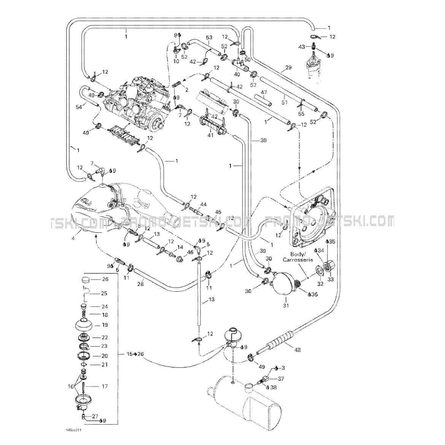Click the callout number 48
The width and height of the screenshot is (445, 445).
pyautogui.click(x=297, y=350)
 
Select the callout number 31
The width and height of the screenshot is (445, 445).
pyautogui.click(x=286, y=305)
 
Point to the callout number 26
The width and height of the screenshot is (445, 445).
pyautogui.click(x=105, y=279)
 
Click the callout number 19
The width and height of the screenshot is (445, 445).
pyautogui.click(x=105, y=325)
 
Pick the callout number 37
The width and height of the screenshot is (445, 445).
pyautogui.click(x=281, y=378)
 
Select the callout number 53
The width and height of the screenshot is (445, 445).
pyautogui.click(x=209, y=37)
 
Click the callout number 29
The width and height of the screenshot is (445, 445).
pyautogui.click(x=288, y=67)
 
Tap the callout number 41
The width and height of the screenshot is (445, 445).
pyautogui.click(x=210, y=135)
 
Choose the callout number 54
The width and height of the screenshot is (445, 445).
pyautogui.click(x=79, y=107)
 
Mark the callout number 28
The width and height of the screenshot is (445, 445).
pyautogui.click(x=140, y=284)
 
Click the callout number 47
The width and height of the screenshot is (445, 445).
pyautogui.click(x=264, y=92)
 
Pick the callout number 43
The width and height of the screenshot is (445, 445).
pyautogui.click(x=302, y=46)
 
